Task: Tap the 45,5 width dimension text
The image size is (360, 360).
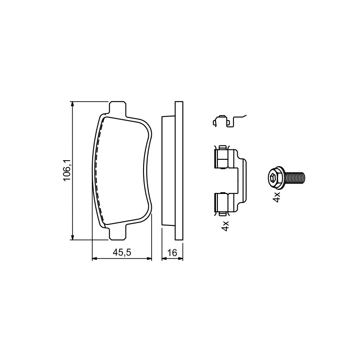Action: pos(121,252)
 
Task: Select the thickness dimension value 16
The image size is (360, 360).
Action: pos(172,253)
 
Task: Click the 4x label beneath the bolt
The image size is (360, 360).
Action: pos(277,197)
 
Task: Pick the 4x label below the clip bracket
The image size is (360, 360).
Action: pos(225,226)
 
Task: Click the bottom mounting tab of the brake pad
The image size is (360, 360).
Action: pos(117,233)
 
